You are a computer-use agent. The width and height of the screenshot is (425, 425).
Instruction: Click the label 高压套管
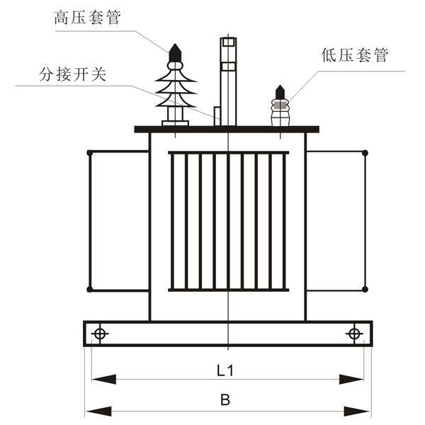[87, 18]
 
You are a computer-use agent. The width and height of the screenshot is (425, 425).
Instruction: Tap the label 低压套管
[355, 55]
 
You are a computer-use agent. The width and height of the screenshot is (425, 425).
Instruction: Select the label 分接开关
[72, 74]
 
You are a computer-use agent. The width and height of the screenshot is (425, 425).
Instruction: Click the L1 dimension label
[225, 370]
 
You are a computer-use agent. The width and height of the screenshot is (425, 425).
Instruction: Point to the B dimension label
[225, 399]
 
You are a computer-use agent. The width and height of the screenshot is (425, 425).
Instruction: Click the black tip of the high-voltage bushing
[175, 52]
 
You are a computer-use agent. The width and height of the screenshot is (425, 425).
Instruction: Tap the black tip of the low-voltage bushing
[280, 92]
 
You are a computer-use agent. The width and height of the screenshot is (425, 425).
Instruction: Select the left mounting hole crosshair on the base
[100, 334]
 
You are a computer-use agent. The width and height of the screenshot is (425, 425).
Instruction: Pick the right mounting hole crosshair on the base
[354, 334]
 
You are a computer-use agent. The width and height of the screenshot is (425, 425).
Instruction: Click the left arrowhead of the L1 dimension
[104, 379]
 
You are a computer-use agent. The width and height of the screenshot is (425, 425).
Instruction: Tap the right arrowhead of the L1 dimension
[351, 379]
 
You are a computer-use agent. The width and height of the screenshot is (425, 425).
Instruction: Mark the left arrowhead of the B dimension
[98, 412]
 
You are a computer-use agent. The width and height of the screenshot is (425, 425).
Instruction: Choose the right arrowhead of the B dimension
[357, 412]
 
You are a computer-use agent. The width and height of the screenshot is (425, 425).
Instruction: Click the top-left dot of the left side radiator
[90, 153]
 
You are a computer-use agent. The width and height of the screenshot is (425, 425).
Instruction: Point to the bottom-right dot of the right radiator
[365, 289]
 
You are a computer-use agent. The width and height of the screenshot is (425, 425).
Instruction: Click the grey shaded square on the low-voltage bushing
[280, 105]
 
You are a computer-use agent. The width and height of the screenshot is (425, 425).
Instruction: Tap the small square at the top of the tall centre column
[228, 42]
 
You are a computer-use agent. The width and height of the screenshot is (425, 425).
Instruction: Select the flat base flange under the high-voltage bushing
[175, 123]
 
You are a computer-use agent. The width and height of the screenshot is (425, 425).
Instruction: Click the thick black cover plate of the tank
[227, 130]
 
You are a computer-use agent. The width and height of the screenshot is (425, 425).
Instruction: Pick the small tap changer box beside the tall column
[217, 116]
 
